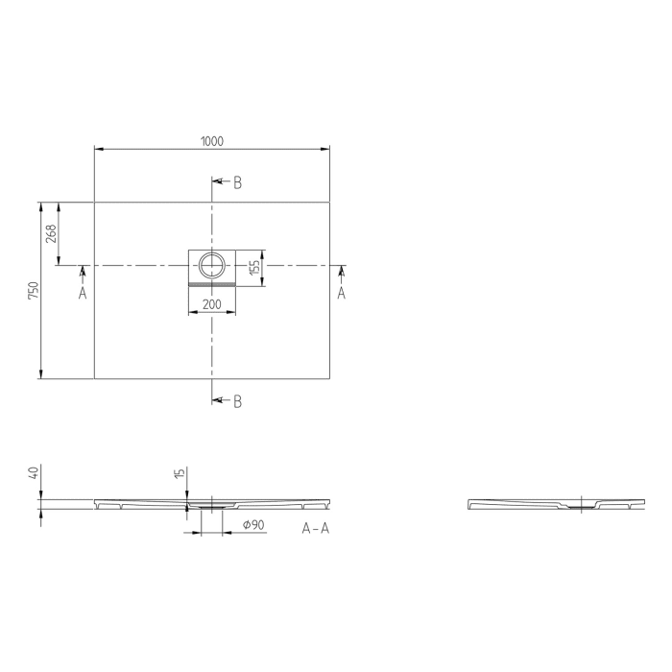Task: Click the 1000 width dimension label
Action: (x=211, y=141)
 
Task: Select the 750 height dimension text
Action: (x=33, y=291)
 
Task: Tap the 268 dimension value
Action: (x=52, y=233)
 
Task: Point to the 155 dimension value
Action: (x=254, y=267)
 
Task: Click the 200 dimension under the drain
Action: (x=211, y=304)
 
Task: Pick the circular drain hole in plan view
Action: (x=212, y=263)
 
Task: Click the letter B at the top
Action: (x=237, y=182)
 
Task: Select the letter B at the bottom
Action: (x=237, y=401)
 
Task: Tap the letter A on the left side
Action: (x=83, y=294)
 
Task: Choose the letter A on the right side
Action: (x=341, y=294)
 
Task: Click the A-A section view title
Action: (x=315, y=529)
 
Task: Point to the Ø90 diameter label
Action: (x=253, y=525)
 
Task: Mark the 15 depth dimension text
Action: (x=179, y=475)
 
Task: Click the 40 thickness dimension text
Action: (x=33, y=473)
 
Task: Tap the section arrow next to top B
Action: (x=219, y=180)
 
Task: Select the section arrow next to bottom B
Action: (x=219, y=399)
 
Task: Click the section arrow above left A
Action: (x=83, y=275)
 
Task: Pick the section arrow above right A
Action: (x=341, y=275)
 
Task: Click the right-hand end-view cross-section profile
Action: (x=555, y=504)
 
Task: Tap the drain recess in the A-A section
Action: (x=211, y=505)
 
